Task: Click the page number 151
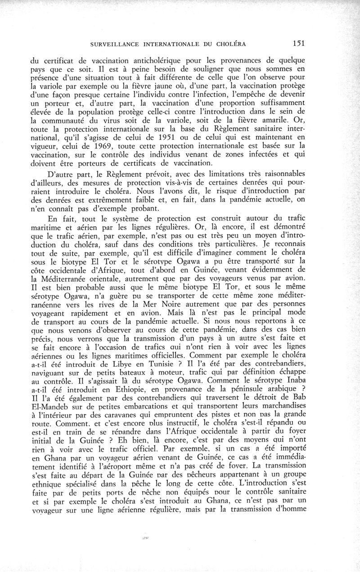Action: pos(298,44)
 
